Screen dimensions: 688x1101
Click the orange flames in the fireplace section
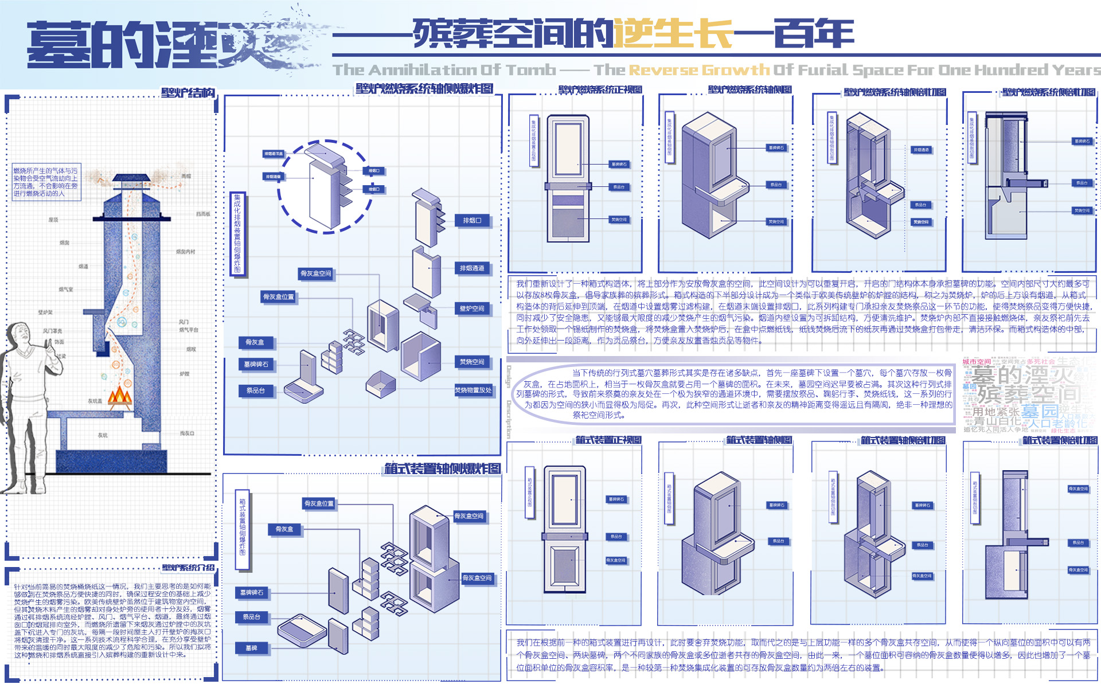coord(120,396)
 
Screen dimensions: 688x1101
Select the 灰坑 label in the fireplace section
coord(102,435)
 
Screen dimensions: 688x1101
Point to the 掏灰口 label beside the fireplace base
coord(187,433)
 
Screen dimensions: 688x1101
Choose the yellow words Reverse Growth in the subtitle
coord(699,70)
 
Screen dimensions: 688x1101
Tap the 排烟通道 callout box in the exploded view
coord(472,268)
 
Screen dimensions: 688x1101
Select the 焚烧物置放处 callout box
coord(473,390)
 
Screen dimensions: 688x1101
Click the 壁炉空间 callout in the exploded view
coord(472,308)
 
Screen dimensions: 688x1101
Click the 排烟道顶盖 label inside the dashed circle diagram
coord(274,154)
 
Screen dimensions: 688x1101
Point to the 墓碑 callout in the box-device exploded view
coord(251,648)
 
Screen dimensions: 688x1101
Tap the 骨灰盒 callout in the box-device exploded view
coord(284,529)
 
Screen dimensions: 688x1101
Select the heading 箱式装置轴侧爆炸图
coord(442,468)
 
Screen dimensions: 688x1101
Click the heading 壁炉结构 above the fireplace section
coord(188,93)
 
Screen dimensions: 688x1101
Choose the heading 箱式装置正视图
coord(608,440)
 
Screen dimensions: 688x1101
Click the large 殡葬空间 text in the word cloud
coord(1029,394)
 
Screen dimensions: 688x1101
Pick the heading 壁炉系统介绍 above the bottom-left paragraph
coord(188,568)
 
